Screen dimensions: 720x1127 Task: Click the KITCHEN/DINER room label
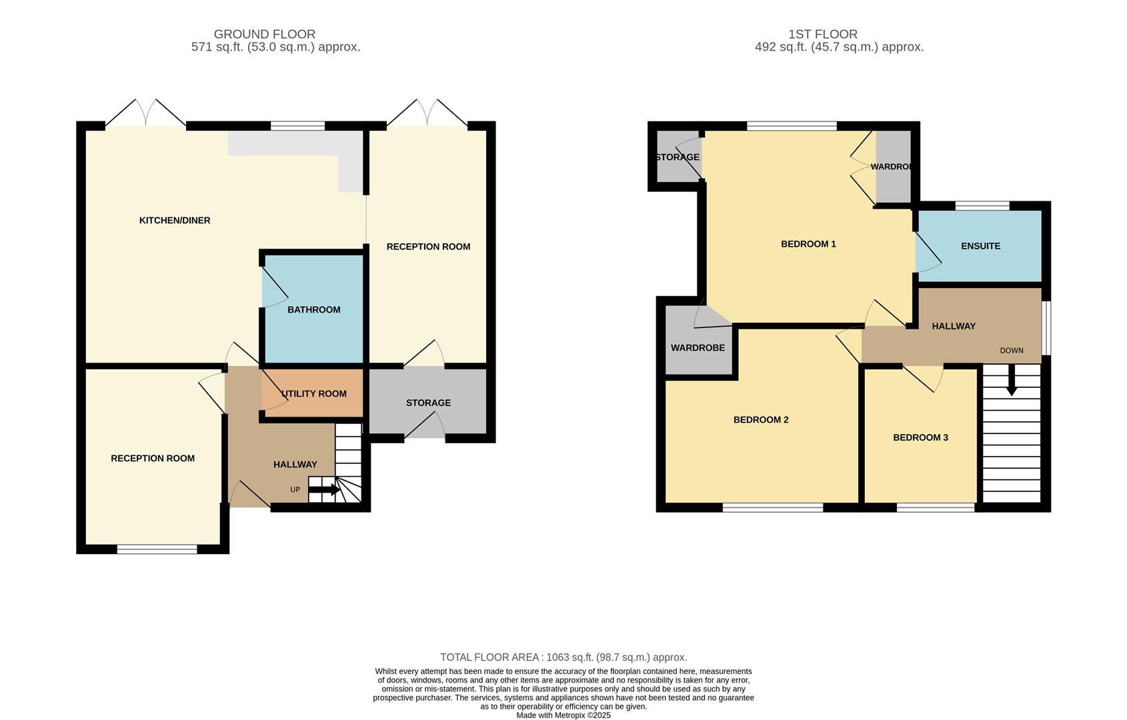(174, 221)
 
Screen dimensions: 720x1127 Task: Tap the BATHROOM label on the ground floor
(313, 310)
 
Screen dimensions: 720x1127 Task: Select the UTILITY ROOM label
(314, 394)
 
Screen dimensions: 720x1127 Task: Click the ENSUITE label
(980, 246)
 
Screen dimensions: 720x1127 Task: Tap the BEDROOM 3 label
(920, 438)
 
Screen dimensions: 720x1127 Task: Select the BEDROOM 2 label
(761, 420)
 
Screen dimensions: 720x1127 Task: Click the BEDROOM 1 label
(808, 244)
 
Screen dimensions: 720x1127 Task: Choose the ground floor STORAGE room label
(428, 403)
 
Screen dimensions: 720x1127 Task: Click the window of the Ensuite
(982, 205)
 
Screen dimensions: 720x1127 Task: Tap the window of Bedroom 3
(936, 508)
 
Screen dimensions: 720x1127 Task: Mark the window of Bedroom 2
(772, 508)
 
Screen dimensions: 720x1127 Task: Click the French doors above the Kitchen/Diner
(145, 113)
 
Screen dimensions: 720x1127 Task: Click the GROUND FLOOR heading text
(264, 34)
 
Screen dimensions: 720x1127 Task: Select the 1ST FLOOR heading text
(822, 34)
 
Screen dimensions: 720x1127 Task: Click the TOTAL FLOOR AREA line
(563, 657)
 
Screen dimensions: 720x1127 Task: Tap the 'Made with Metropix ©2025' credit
(563, 715)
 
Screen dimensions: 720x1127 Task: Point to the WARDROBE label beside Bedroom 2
(698, 348)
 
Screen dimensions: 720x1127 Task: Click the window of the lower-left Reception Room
(157, 549)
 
